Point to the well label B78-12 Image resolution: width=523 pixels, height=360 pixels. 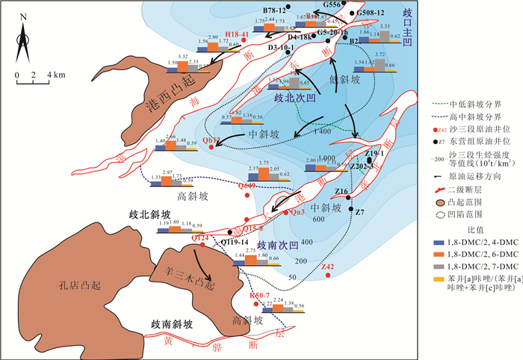[x=275, y=11]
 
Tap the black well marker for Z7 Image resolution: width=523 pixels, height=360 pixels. [x=350, y=209]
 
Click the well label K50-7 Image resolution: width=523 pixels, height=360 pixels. [x=259, y=296]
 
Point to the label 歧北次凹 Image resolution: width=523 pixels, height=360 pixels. [x=295, y=98]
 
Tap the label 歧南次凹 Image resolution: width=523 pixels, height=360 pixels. [x=277, y=243]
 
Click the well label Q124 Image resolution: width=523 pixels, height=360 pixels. [x=199, y=238]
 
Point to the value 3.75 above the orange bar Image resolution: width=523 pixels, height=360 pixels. [x=264, y=163]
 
